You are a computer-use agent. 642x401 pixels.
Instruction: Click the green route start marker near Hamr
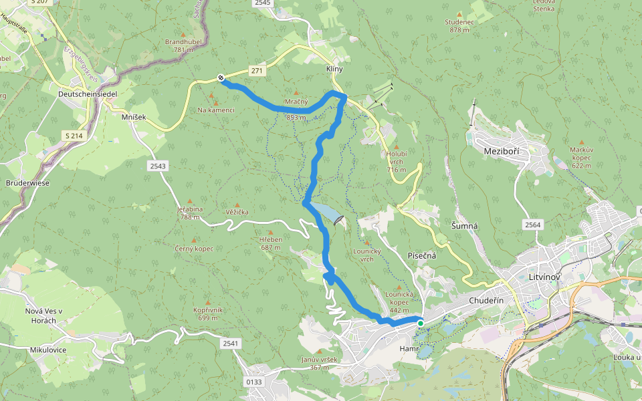point(421,323)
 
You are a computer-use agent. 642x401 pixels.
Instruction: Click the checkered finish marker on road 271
point(221,78)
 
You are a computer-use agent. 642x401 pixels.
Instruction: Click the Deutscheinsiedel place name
point(88,94)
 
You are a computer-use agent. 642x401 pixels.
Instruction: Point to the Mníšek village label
point(134,117)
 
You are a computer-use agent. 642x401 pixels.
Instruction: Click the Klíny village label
point(334,70)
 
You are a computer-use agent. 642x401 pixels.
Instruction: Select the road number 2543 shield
point(158,165)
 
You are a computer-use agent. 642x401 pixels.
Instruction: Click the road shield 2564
point(532,225)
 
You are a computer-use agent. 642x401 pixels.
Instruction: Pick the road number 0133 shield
point(255,382)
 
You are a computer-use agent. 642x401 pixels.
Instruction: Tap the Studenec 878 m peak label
point(458,25)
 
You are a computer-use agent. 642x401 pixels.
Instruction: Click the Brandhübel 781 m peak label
point(179,45)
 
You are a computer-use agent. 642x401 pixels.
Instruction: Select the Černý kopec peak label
point(195,249)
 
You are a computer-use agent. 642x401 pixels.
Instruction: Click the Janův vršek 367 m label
point(319,363)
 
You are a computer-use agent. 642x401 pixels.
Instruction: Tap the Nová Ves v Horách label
point(43,316)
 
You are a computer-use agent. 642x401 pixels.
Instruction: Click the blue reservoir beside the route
point(327,213)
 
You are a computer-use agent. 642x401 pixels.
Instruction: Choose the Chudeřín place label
point(486,301)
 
